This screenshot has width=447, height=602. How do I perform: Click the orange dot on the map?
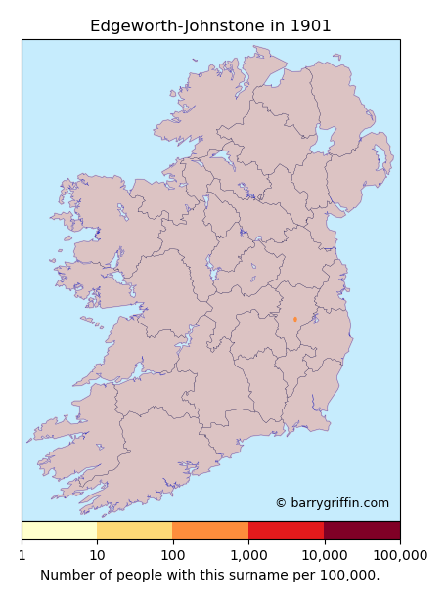coord(294,319)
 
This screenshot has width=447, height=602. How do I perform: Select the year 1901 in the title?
coord(310,26)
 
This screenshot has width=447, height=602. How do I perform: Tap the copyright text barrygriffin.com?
coord(338,503)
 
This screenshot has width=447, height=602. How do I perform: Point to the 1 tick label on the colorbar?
coord(22,555)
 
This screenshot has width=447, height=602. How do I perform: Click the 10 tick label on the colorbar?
coord(97,555)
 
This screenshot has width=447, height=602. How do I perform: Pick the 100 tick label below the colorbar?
coord(172,555)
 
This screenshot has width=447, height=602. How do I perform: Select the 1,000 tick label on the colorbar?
coord(248,555)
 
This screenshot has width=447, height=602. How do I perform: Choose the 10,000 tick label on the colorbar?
coord(324,555)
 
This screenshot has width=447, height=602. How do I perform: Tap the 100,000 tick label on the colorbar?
coord(399,555)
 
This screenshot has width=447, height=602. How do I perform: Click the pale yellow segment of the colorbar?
coord(59,531)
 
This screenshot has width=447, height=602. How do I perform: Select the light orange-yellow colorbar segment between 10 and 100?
coord(135,531)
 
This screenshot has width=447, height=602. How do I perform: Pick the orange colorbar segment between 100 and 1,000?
coord(210,531)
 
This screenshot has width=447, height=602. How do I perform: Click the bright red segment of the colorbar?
coord(286,531)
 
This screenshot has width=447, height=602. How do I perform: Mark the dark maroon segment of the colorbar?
coord(362,531)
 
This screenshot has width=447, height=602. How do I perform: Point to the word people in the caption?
coord(141,575)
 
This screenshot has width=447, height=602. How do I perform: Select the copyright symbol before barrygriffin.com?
coord(281,503)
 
